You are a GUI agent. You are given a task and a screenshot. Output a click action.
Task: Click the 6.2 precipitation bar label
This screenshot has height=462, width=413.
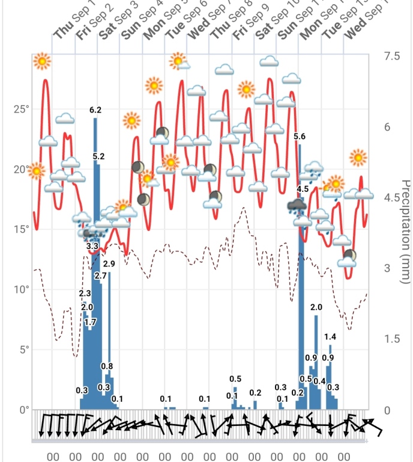95,110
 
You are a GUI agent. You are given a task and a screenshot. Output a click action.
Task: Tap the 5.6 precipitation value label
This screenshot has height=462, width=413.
300,137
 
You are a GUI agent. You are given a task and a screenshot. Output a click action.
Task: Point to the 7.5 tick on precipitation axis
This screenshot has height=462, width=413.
393,56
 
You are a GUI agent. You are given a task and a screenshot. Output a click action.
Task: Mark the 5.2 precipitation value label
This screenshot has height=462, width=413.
99,156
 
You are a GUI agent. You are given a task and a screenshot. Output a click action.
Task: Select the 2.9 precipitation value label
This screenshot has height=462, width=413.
109,263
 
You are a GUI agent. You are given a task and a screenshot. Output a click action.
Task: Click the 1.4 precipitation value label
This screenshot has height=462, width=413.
330,336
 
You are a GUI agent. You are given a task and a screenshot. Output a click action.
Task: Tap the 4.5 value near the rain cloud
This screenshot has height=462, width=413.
303,189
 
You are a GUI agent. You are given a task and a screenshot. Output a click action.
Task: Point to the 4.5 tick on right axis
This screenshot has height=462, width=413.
393,198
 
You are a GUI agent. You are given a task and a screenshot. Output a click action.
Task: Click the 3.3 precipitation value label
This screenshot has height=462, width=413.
92,246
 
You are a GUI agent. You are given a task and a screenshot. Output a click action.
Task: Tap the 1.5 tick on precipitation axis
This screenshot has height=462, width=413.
393,339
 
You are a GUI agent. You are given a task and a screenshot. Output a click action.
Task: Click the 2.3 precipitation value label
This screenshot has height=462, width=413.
85,293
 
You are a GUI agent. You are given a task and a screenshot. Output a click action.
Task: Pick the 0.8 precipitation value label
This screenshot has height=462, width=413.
107,366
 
